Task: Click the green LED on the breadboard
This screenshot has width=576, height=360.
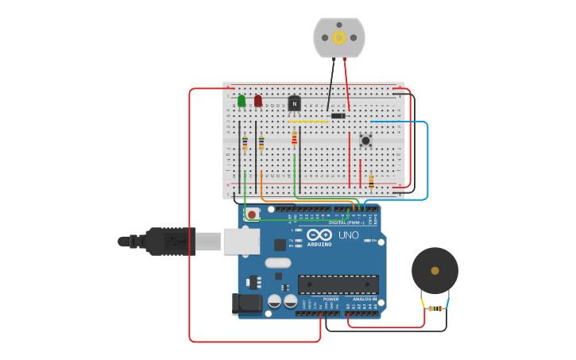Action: pos(242,101)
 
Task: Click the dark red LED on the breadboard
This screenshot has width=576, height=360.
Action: pos(258,101)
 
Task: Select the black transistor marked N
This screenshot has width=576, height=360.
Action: pos(294,103)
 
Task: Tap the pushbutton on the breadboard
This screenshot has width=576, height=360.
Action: pos(365,141)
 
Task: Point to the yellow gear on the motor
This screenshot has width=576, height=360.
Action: pos(339,37)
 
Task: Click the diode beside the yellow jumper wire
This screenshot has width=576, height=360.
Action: pos(338,116)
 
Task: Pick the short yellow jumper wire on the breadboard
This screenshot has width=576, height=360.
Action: pos(308,121)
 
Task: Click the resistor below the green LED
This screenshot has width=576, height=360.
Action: pos(245,142)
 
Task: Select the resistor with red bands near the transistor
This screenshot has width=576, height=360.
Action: pos(294,138)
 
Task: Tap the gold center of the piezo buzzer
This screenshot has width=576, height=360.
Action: pos(435,271)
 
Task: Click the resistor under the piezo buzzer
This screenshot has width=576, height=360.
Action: pos(435,308)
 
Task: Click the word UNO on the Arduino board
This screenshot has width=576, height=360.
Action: pos(349,235)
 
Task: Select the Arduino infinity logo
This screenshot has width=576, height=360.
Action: pos(319,235)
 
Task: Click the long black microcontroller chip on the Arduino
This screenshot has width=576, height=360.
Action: pos(338,284)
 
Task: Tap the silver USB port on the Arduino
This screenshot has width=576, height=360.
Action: pos(242,241)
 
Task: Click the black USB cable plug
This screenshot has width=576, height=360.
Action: pos(170,241)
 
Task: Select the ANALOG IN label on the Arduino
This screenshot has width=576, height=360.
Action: pos(365,299)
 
